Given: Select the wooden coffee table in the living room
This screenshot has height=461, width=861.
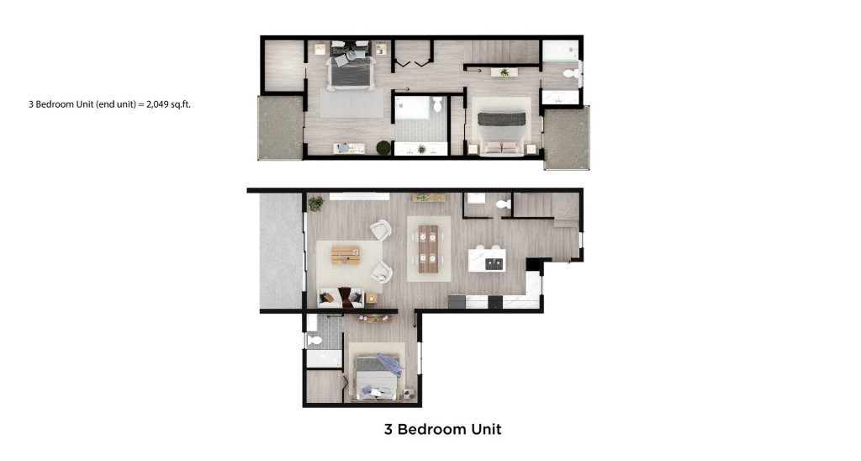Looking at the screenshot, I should point(346,254).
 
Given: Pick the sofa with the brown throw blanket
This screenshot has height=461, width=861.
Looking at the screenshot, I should point(341,297).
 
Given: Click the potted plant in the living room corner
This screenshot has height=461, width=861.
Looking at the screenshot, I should point(316,203).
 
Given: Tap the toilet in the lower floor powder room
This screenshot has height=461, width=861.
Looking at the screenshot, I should point(503,204).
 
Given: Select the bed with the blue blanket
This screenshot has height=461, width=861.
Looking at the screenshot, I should point(378,375).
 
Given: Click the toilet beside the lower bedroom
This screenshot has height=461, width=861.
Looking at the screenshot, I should point(315,340).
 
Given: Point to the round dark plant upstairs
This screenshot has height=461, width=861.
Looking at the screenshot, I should point(383,149).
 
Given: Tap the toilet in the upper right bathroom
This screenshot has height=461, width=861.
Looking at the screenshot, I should point(571,75).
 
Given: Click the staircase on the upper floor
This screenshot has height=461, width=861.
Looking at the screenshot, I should point(501,50).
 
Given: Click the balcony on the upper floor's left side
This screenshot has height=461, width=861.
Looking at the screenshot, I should point(280,127).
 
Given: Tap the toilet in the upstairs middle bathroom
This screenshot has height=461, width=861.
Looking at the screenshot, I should point(437,104).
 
